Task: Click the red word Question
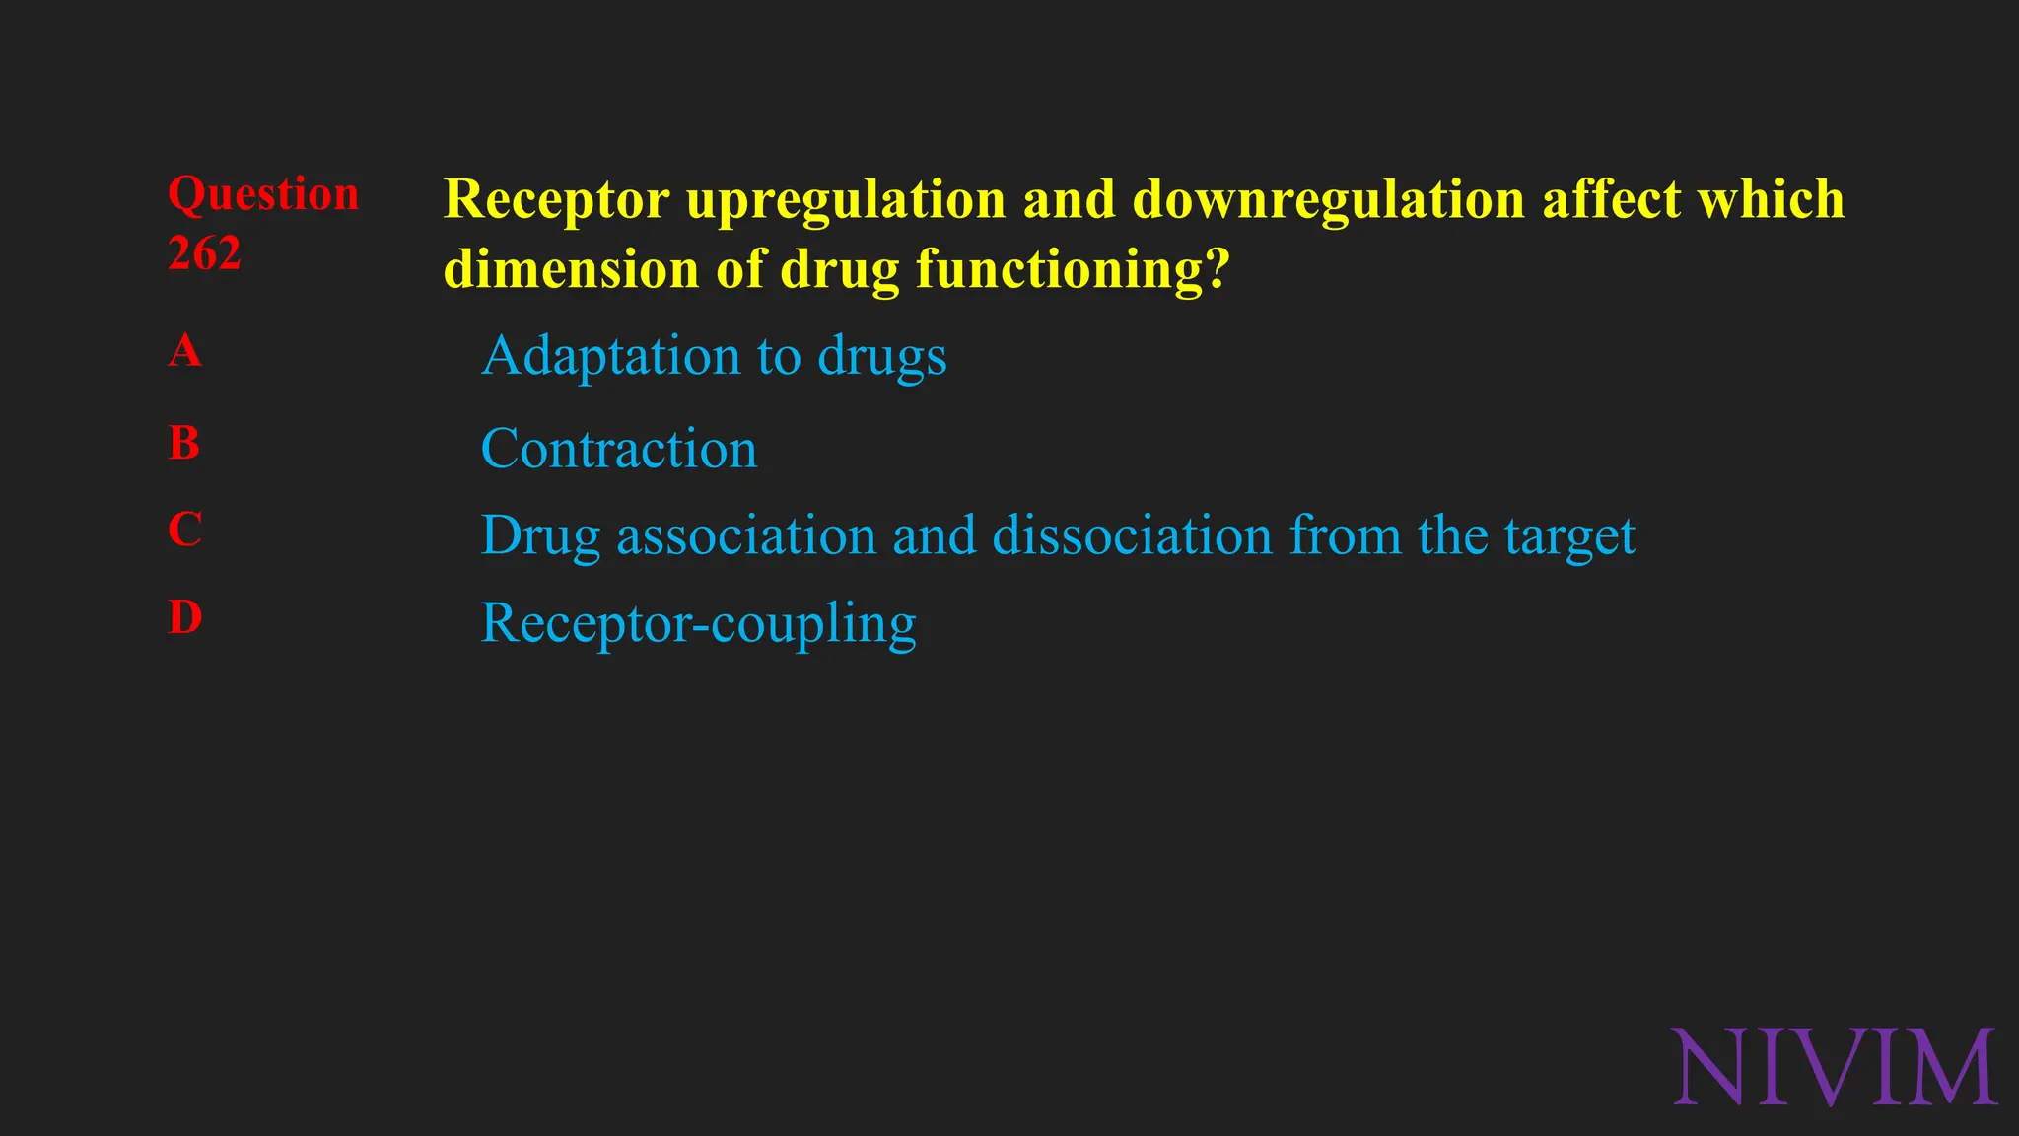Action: pos(263,194)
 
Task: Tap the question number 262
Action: pos(204,253)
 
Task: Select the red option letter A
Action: pos(184,350)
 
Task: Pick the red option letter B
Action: pos(184,443)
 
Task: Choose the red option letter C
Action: pos(184,530)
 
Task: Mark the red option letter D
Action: pos(184,618)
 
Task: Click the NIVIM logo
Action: pos(1835,1068)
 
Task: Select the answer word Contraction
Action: pos(619,449)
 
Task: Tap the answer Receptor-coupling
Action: pos(698,623)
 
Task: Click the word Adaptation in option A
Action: pos(611,355)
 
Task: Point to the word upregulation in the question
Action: pos(846,200)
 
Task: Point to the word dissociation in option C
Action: pos(1133,535)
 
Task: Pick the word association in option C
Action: pos(746,535)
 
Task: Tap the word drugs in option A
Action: pos(882,357)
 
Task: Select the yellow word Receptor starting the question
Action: pos(557,200)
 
